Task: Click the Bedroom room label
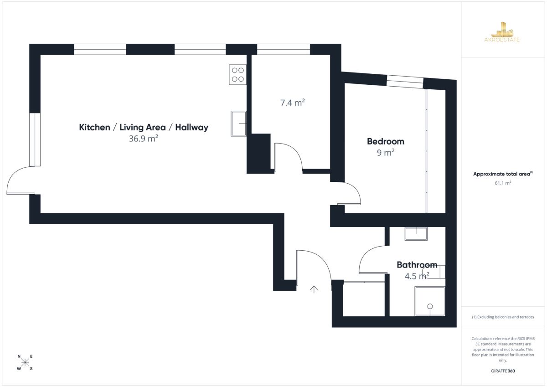[385, 142]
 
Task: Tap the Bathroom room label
[417, 265]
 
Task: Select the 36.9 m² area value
[143, 139]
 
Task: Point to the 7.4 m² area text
[292, 103]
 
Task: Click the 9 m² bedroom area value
[386, 153]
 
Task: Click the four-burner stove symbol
[237, 75]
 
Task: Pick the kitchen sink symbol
[238, 124]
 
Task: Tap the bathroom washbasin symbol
[416, 234]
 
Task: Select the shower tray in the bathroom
[430, 301]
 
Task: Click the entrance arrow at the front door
[314, 289]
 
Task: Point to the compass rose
[25, 362]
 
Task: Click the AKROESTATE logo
[502, 32]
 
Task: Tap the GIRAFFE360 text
[503, 371]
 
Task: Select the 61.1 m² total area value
[503, 183]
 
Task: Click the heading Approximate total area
[503, 174]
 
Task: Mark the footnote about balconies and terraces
[503, 317]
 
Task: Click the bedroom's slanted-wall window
[405, 82]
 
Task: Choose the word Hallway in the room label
[192, 128]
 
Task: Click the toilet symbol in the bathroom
[435, 272]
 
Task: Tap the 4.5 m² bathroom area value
[417, 276]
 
